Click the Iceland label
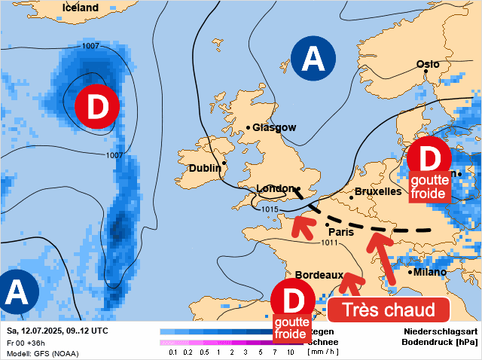coord(80,8)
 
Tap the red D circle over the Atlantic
coord(97,107)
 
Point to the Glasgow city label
coord(273,128)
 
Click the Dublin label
coord(205,168)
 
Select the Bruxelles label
coord(378,191)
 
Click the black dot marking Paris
coord(328,224)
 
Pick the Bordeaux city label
coord(319,275)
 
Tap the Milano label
coord(429,272)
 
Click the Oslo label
coord(428,64)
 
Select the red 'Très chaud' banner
coord(389,310)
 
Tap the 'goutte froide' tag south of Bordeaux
coord(291,328)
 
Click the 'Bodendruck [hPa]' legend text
coord(441,342)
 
